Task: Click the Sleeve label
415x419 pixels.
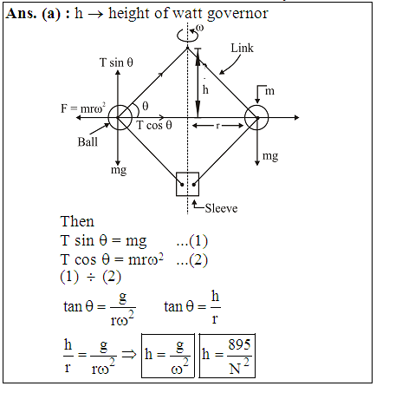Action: click(x=221, y=208)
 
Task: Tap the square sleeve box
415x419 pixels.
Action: click(x=177, y=184)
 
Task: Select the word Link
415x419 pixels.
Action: click(x=242, y=48)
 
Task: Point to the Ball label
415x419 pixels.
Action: click(x=88, y=142)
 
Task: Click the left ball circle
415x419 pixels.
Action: click(x=108, y=118)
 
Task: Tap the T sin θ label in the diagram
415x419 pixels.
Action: click(x=116, y=62)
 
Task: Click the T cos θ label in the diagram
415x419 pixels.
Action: click(x=154, y=125)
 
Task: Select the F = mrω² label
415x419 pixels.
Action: click(x=83, y=108)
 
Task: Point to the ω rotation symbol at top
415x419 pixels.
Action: click(x=199, y=28)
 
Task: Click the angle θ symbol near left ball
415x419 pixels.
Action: click(x=146, y=106)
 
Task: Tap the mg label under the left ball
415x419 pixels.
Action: click(x=119, y=170)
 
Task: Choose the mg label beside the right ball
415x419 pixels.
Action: click(x=270, y=156)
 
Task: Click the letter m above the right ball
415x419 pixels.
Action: click(x=269, y=91)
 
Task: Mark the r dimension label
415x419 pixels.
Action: click(x=217, y=126)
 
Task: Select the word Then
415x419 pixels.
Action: click(x=77, y=221)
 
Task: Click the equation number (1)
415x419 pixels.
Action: click(x=198, y=240)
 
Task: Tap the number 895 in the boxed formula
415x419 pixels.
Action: click(x=239, y=344)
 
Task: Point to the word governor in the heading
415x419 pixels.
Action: click(x=237, y=14)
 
